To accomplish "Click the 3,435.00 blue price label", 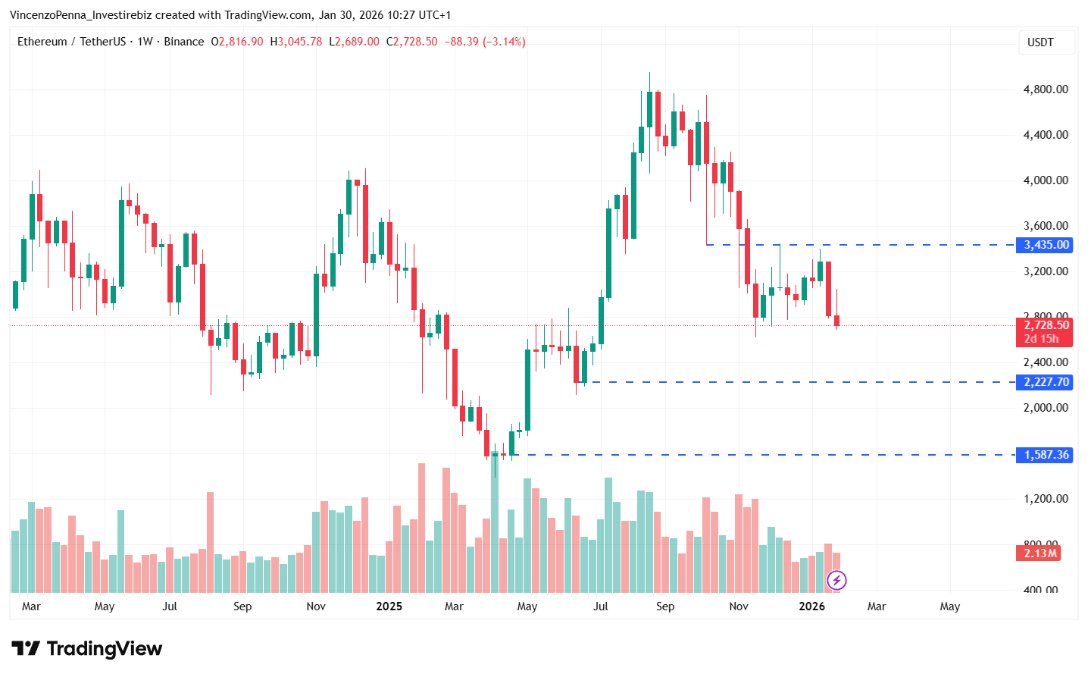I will click(x=1046, y=245).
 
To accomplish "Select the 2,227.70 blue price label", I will click(x=1046, y=382).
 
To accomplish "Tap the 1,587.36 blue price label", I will click(x=1046, y=455).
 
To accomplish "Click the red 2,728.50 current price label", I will click(x=1046, y=325).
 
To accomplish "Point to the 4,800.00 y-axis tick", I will click(x=1046, y=89).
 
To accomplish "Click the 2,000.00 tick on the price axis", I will click(x=1046, y=408).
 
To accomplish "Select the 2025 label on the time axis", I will click(x=389, y=606).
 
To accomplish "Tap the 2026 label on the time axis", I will click(x=811, y=606).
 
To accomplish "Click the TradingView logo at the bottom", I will click(x=87, y=649).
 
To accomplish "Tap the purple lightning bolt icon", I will click(x=836, y=581).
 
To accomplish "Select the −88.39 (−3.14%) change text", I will click(x=485, y=42).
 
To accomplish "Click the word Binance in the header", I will click(x=184, y=42).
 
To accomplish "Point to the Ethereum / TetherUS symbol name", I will click(x=71, y=42).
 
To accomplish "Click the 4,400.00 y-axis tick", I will click(x=1046, y=135).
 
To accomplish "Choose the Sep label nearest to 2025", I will click(x=242, y=606).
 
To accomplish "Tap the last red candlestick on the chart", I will click(x=837, y=321).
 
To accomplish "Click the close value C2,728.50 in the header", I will click(x=412, y=42).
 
